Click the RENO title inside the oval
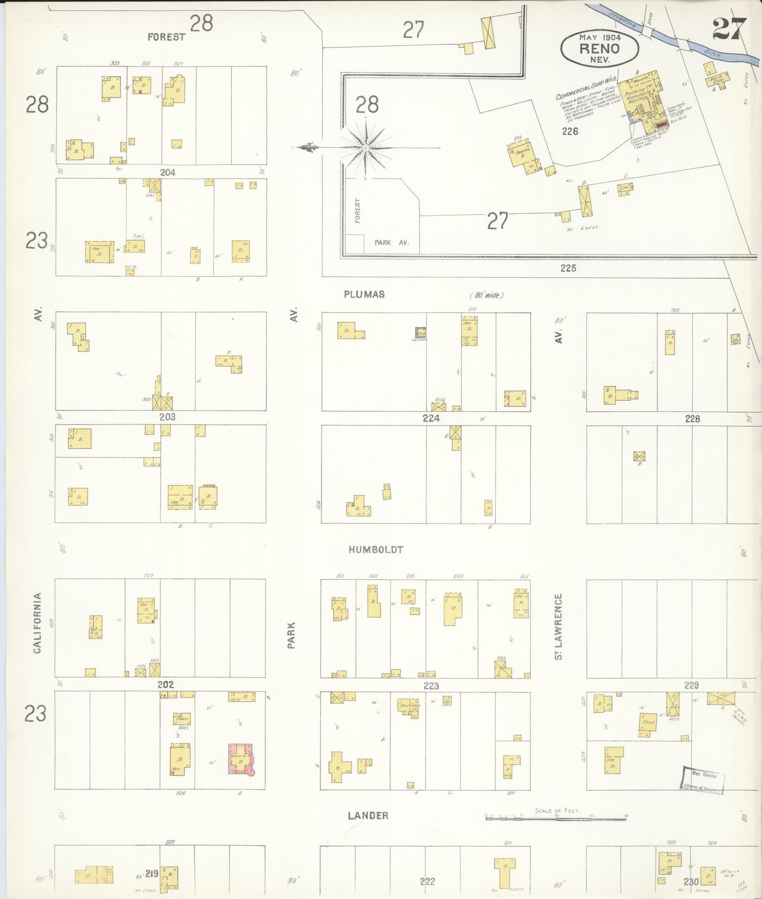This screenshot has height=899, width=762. [x=600, y=48]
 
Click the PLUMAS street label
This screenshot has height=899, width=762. [x=364, y=295]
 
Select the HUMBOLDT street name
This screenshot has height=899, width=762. [x=376, y=550]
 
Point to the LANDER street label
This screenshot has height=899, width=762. [x=368, y=816]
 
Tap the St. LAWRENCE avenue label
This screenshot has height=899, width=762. [x=558, y=627]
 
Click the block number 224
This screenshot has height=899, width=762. [x=431, y=419]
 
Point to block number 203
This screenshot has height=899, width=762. [x=167, y=417]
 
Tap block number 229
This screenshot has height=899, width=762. [x=691, y=685]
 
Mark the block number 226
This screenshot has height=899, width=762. [x=571, y=132]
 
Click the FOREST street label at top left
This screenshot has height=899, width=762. [x=167, y=37]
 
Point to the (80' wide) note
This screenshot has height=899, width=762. [x=487, y=295]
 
